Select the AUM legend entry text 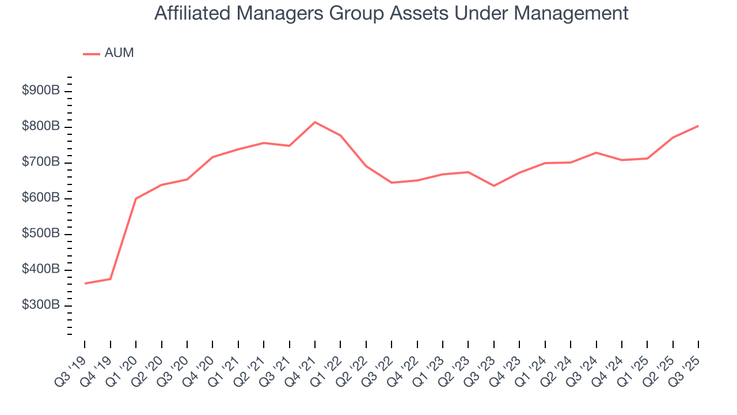119,53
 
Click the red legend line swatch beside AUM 92,54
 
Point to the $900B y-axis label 41,91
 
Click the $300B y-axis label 41,305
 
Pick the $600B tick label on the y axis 41,198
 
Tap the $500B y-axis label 41,233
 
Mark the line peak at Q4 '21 315,122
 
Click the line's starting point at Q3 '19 85,284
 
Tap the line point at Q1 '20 136,198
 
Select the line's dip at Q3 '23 494,186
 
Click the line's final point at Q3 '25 698,126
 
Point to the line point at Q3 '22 392,183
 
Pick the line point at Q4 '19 110,279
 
